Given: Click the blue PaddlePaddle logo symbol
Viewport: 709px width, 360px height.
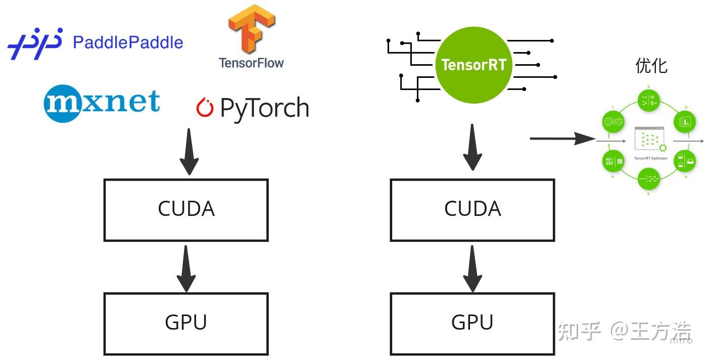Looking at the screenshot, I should (x=34, y=43).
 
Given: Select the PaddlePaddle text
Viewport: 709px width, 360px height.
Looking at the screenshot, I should (x=128, y=42).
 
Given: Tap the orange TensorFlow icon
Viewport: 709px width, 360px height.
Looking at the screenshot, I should (x=251, y=29).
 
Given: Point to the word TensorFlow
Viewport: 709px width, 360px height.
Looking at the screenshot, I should (x=251, y=63).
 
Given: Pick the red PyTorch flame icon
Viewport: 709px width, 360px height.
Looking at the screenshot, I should (x=205, y=108).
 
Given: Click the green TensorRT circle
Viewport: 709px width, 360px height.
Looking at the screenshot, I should (x=474, y=65).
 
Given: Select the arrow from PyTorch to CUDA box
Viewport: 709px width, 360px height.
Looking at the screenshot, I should (x=189, y=151).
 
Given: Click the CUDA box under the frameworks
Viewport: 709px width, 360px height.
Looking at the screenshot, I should (x=186, y=209).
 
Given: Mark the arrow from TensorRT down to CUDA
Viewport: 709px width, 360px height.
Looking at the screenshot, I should (x=472, y=148).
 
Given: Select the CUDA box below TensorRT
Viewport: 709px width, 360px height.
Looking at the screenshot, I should (x=472, y=209).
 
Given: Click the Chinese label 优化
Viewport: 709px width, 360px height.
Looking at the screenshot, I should (x=651, y=66).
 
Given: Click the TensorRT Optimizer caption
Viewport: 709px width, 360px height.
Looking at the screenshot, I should (x=651, y=158).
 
